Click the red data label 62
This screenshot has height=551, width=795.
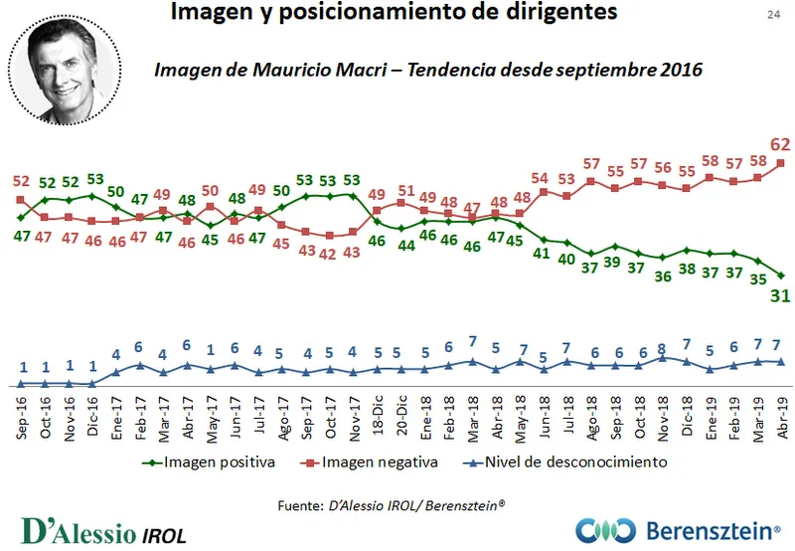(780, 143)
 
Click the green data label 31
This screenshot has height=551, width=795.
(780, 295)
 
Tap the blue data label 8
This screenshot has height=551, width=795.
(662, 350)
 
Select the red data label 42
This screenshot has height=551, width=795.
(329, 254)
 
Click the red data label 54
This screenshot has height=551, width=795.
(543, 179)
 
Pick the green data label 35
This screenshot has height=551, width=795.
(757, 279)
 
